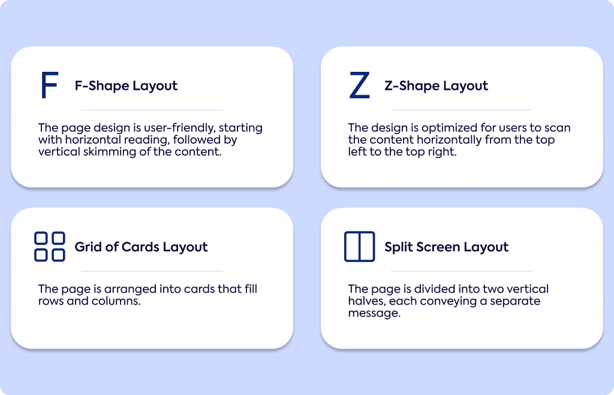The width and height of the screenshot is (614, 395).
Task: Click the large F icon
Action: click(43, 85)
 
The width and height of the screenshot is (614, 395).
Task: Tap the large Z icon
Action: click(360, 85)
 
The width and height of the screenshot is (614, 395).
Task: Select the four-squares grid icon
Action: click(50, 247)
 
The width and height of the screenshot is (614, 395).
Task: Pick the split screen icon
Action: click(360, 247)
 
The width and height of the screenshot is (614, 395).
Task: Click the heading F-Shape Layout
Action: click(126, 86)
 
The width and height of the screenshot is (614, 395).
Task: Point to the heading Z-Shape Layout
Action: click(437, 86)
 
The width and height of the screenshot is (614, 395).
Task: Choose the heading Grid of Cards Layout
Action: click(141, 247)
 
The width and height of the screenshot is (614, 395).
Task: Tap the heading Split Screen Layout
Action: click(446, 247)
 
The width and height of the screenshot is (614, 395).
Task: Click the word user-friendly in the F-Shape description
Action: click(180, 128)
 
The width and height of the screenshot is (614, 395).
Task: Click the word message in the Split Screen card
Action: click(374, 314)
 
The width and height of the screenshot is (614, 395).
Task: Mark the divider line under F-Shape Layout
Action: click(152, 110)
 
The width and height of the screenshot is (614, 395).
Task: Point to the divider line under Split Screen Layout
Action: click(462, 271)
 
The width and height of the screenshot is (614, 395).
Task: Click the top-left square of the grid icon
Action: click(41, 238)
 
